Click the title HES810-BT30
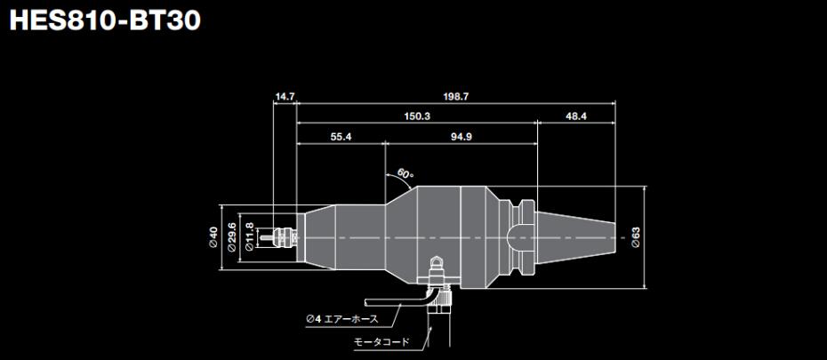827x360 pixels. (105, 20)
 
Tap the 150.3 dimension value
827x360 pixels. (417, 116)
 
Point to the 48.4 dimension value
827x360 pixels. (576, 116)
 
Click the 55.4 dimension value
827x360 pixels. (341, 137)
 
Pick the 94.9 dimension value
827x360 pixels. (461, 137)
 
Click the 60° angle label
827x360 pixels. (405, 174)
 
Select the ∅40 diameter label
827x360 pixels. (213, 237)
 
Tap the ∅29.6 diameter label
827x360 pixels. (231, 237)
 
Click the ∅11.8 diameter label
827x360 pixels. (249, 237)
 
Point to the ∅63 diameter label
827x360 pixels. (636, 237)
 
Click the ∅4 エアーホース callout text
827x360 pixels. (341, 318)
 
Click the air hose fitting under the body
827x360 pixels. (435, 265)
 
